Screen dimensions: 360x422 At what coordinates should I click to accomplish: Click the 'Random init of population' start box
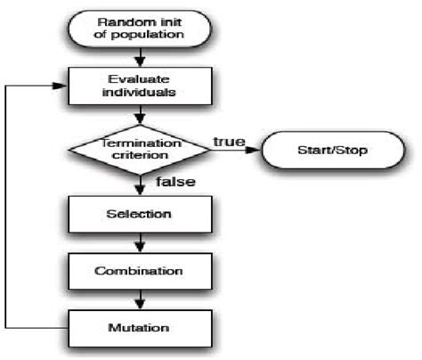click(140, 29)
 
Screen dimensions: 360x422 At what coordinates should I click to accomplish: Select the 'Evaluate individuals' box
click(140, 86)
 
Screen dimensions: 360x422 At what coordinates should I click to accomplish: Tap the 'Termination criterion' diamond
click(140, 149)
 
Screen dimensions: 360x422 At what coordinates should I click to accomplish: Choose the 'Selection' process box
click(140, 214)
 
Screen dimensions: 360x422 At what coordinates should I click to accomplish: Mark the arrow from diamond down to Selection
click(140, 184)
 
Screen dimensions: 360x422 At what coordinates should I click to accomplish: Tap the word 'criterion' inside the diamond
click(139, 156)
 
